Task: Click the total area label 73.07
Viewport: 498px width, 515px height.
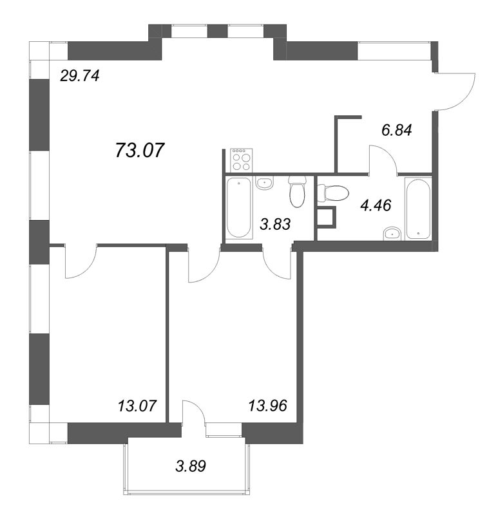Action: [139, 151]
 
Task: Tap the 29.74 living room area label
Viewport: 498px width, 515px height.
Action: [79, 76]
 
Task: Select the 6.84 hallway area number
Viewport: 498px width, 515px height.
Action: [396, 131]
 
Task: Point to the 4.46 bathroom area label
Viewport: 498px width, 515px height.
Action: [376, 205]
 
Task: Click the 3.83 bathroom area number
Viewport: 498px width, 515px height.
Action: [275, 225]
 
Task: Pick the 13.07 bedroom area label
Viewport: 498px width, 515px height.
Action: [137, 406]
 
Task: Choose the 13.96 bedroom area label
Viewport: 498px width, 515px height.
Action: [267, 406]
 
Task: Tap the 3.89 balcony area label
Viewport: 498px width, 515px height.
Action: [191, 466]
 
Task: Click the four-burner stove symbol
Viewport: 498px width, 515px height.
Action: [242, 160]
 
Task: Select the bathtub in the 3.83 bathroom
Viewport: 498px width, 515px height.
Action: [238, 208]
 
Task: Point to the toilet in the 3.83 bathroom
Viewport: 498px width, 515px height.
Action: [298, 192]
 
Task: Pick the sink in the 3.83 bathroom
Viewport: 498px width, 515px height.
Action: [265, 182]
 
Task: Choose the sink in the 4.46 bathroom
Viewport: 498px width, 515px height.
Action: [392, 234]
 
